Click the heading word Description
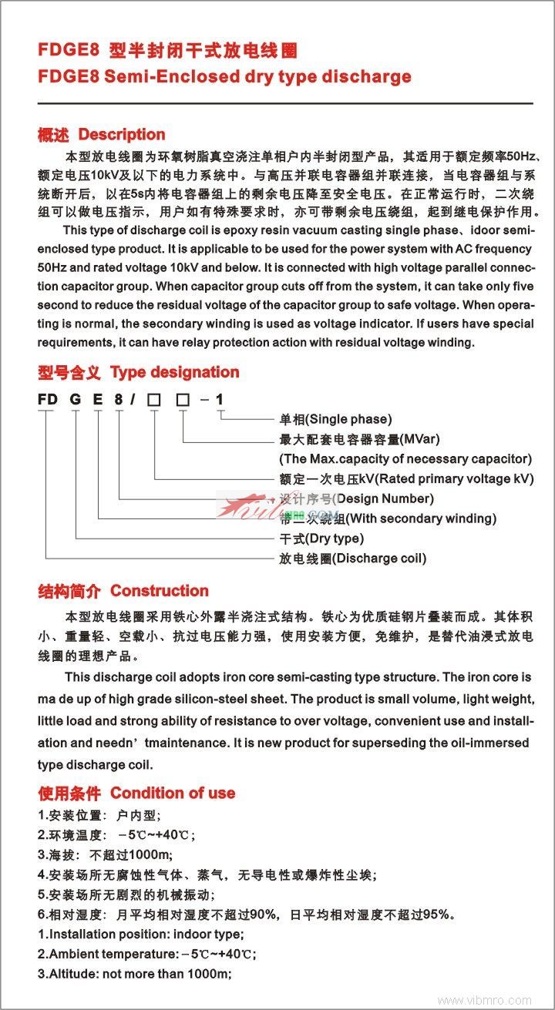tap(122, 135)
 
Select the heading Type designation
tap(174, 373)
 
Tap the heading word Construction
tap(160, 591)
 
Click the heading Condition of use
tap(172, 793)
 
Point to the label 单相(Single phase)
tap(335, 419)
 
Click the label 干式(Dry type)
tap(321, 539)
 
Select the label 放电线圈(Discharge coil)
tap(352, 559)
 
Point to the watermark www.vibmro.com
tap(484, 1000)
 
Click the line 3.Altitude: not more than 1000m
tap(135, 974)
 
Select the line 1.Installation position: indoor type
tap(141, 934)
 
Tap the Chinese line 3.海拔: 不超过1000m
tap(106, 854)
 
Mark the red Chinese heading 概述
tap(53, 135)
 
